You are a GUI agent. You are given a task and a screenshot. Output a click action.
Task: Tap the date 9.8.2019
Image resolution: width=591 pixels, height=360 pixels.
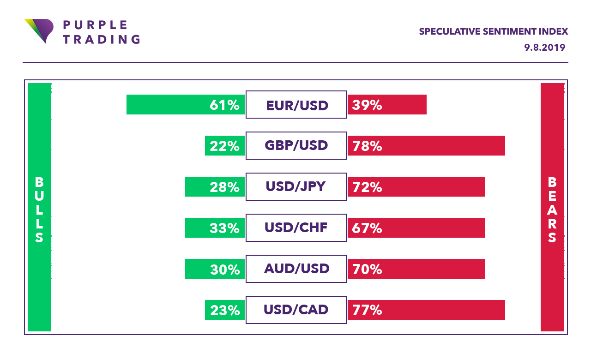(x=544, y=47)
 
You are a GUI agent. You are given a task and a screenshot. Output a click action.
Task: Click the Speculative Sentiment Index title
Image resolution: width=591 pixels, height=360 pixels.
(x=493, y=31)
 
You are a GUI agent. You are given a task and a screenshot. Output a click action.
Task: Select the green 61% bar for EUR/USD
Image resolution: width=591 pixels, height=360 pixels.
(x=185, y=105)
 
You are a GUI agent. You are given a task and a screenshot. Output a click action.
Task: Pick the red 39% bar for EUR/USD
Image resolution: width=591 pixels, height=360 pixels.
(x=387, y=105)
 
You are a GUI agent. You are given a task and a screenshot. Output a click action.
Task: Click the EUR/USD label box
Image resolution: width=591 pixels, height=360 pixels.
(x=296, y=105)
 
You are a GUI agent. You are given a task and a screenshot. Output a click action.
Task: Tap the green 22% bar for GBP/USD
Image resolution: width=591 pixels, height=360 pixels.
(x=225, y=146)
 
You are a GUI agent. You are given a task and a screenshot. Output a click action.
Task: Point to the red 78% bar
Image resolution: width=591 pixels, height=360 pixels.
(x=426, y=146)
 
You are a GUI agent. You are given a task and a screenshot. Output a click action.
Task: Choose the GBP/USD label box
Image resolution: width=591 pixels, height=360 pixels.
(x=296, y=146)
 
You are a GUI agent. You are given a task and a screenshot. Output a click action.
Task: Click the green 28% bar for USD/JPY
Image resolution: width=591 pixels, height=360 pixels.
(x=215, y=187)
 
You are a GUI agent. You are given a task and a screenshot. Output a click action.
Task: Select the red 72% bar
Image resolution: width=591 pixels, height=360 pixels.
(x=416, y=187)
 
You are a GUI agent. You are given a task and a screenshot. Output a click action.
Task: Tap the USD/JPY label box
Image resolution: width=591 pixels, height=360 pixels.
(x=296, y=187)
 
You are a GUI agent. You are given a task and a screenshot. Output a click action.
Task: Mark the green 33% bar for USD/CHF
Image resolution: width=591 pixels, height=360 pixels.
(x=215, y=228)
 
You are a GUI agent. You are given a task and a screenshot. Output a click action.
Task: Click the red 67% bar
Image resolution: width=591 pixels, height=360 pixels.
(x=416, y=228)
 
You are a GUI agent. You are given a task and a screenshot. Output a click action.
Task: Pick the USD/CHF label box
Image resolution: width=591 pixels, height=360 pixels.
(x=296, y=228)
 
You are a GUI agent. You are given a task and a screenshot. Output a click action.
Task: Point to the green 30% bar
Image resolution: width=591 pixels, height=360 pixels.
(x=215, y=269)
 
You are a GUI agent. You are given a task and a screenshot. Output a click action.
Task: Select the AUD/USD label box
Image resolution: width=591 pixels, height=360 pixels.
(x=296, y=269)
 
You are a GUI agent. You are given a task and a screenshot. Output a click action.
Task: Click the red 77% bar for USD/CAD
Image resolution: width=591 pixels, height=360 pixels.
(x=426, y=310)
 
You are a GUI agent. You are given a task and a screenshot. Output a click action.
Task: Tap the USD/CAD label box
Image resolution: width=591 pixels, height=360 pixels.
(x=296, y=310)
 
